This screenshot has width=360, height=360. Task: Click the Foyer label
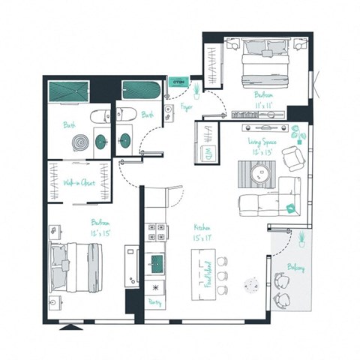187,107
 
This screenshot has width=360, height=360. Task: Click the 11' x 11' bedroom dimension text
262,106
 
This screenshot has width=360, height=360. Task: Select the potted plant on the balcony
301,238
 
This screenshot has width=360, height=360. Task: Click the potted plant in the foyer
196,90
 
